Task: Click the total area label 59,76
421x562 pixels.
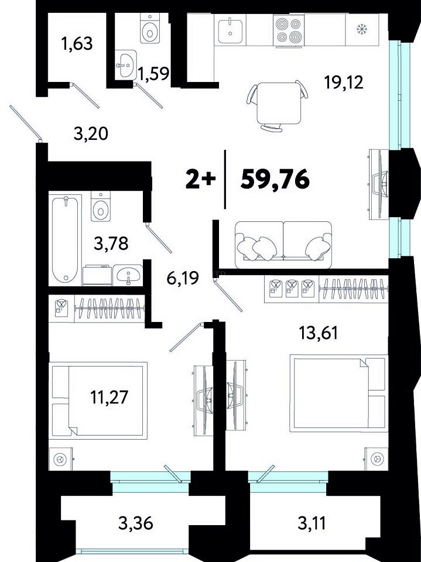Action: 275,179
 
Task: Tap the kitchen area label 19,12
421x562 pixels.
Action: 344,83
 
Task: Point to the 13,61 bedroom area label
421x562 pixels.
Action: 319,333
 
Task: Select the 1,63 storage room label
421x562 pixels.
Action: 77,44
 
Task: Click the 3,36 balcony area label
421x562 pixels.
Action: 136,523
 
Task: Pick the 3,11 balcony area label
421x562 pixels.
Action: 312,523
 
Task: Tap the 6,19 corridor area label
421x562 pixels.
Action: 183,277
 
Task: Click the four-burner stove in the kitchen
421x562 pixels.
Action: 289,30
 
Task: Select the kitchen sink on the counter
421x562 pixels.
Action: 230,31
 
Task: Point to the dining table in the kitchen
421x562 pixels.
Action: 279,103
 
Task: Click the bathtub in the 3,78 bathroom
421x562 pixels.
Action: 65,239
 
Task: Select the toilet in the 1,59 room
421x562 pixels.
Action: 150,28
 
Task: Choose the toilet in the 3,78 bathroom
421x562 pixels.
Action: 101,206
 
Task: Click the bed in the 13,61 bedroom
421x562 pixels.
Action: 339,393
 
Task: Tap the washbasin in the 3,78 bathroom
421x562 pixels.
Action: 128,275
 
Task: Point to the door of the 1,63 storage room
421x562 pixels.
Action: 85,95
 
